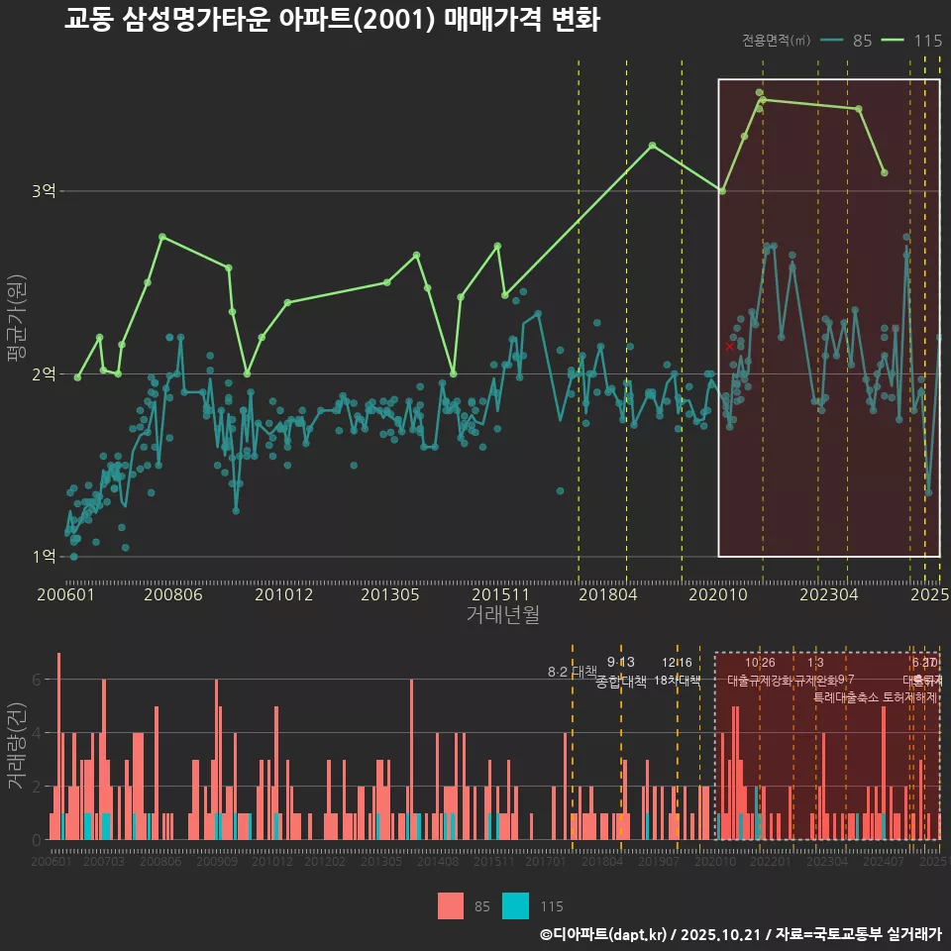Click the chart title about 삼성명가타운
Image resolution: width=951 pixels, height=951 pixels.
click(x=332, y=20)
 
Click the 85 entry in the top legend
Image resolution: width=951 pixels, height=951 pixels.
click(x=862, y=41)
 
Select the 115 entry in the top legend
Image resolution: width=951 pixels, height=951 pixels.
click(x=927, y=41)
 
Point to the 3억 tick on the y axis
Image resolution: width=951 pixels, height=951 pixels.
click(x=45, y=191)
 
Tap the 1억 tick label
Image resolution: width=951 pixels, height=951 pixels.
click(x=45, y=557)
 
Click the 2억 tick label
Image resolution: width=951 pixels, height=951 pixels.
click(x=45, y=373)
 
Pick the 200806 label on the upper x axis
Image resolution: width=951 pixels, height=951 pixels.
click(x=173, y=595)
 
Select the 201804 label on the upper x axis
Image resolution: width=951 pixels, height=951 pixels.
click(x=606, y=595)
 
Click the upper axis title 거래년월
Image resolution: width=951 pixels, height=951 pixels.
click(x=502, y=615)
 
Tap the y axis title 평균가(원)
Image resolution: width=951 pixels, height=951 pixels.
click(x=15, y=317)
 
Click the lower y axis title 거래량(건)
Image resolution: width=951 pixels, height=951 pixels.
click(x=15, y=745)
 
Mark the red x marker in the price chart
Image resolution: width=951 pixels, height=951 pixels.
click(x=730, y=347)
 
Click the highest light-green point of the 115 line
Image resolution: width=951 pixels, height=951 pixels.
click(x=759, y=93)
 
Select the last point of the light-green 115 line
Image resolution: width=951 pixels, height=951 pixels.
click(x=884, y=173)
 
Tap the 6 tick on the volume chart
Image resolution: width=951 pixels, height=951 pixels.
click(x=36, y=680)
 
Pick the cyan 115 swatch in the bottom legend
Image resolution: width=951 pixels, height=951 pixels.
click(x=515, y=905)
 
